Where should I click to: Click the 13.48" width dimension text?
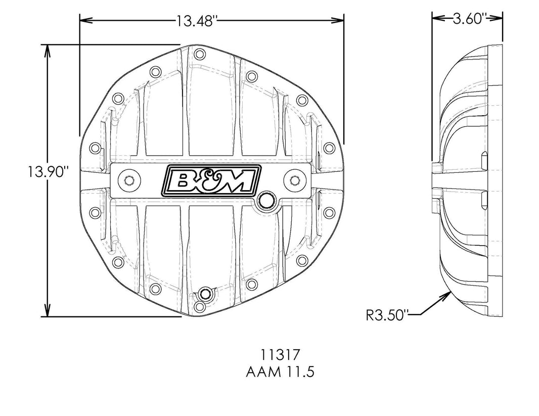pos(197,21)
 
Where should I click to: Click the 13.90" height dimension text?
pos(49,172)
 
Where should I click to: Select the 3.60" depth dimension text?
pos(469,19)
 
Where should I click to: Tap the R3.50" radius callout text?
pos(386,315)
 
